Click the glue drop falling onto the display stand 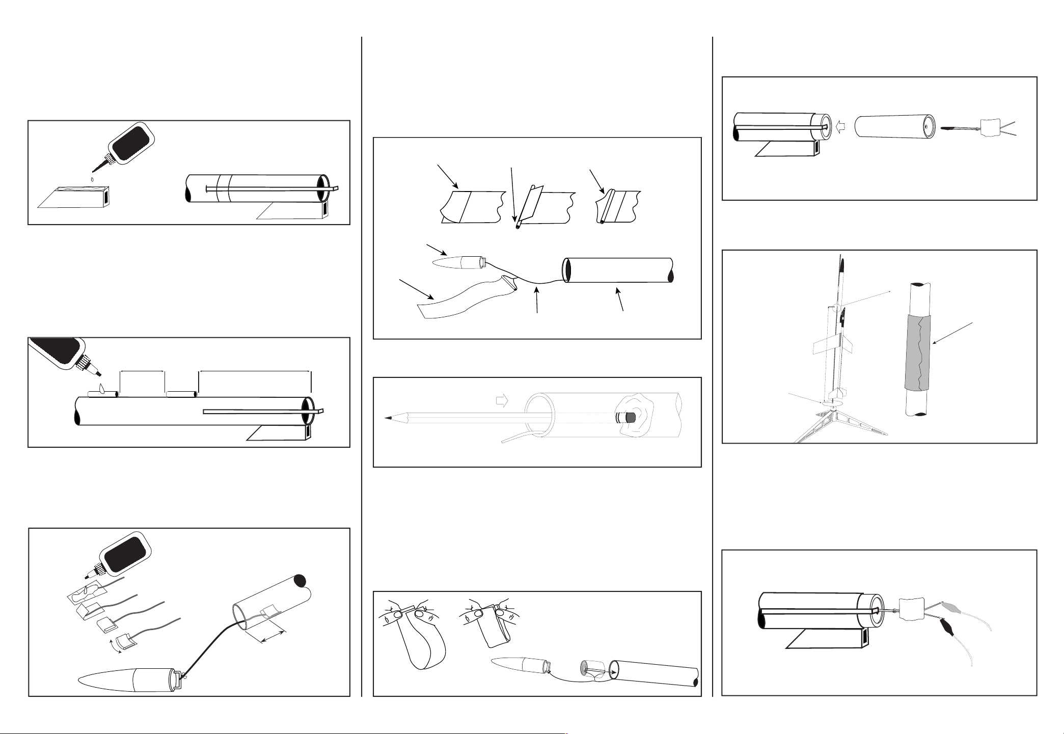click(x=92, y=179)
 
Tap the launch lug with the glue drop click(x=102, y=394)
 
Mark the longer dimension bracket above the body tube click(x=255, y=372)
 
